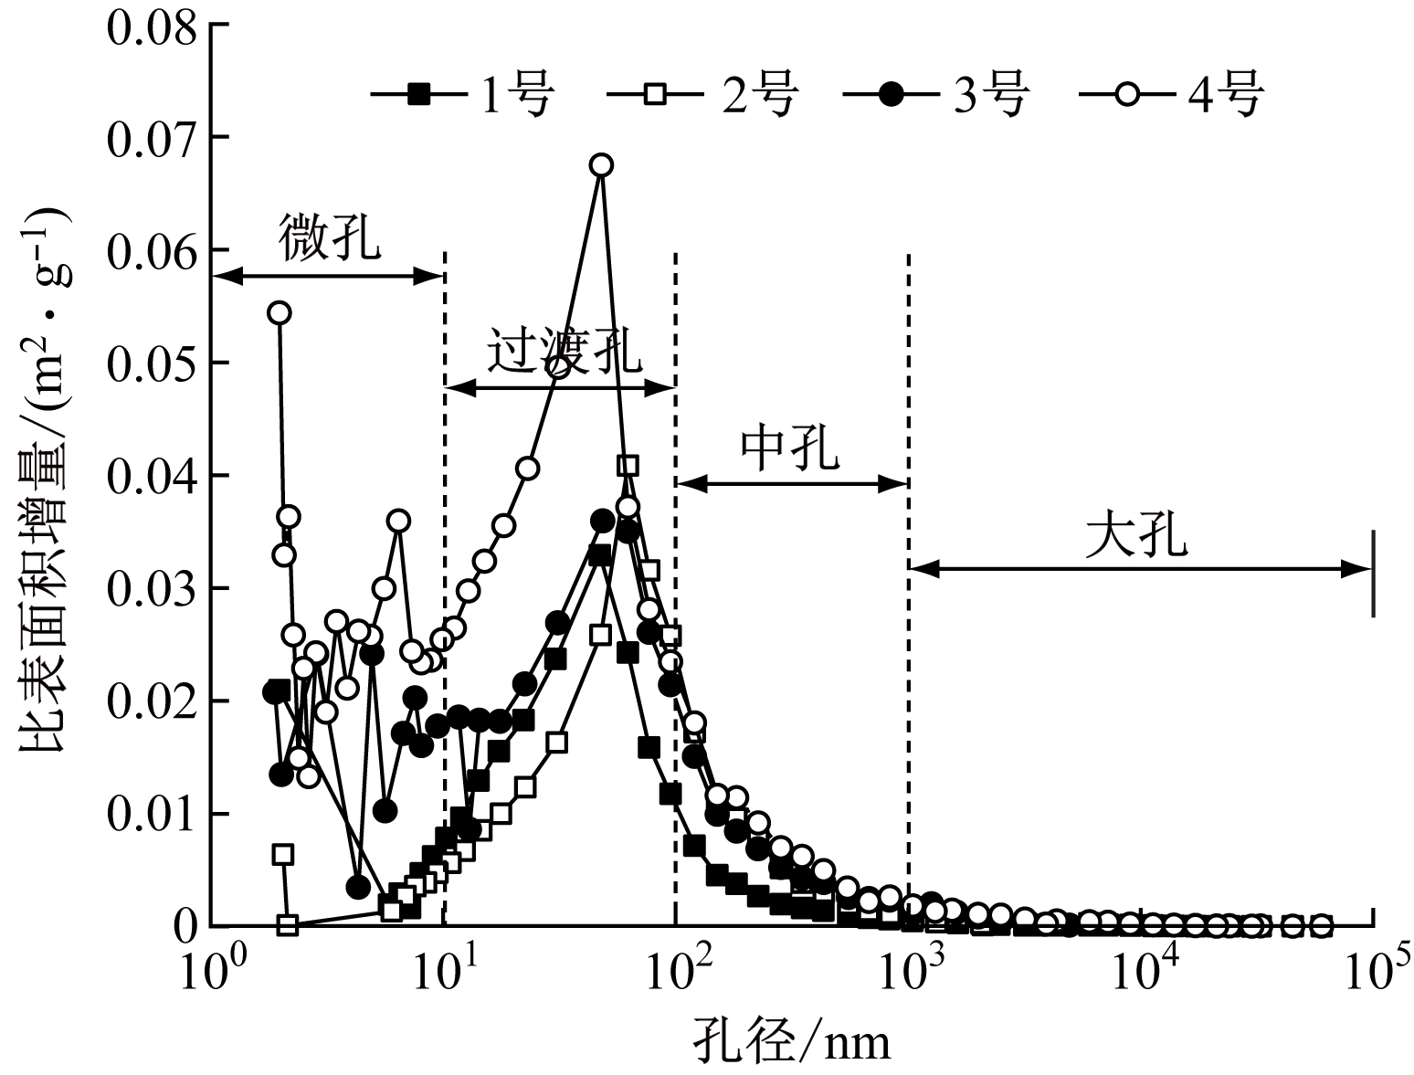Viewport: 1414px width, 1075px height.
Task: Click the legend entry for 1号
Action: coord(462,93)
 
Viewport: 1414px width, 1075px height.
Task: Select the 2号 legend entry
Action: coord(702,93)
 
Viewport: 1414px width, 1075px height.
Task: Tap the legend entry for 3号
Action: coord(937,93)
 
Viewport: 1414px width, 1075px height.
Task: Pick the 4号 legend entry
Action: coord(1171,93)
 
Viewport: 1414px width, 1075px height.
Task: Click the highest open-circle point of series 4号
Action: coord(600,165)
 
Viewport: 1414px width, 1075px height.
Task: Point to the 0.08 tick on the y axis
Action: coord(152,27)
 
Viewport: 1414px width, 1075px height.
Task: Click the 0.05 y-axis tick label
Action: coord(152,363)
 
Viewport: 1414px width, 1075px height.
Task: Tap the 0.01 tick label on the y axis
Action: coord(152,814)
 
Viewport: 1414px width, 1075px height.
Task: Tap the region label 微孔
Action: coord(329,238)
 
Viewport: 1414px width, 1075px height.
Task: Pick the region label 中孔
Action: coord(790,447)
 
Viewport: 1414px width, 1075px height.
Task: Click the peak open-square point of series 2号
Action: coord(628,466)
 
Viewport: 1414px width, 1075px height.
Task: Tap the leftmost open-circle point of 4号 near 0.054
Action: coord(280,313)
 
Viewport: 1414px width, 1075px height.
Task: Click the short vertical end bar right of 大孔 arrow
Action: coord(1373,573)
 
